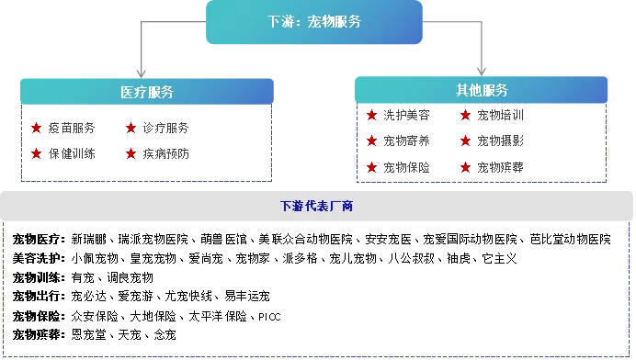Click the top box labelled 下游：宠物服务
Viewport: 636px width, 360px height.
pos(314,22)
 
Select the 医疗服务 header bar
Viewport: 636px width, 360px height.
pos(147,92)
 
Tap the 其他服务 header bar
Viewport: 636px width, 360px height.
pos(482,90)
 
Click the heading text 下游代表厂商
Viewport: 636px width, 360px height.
pos(317,207)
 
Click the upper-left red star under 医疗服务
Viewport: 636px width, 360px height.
pos(36,129)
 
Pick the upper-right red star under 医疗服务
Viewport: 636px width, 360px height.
pos(131,129)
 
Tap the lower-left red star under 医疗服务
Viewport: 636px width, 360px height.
pos(36,154)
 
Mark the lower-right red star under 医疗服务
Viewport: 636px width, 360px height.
pos(131,154)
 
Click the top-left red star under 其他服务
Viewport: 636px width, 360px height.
pos(372,117)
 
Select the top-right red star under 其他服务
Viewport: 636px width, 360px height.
pos(465,117)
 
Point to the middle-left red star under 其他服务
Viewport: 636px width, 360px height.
pos(372,141)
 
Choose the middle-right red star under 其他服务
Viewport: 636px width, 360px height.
pos(465,141)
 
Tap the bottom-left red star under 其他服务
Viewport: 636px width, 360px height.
pos(372,168)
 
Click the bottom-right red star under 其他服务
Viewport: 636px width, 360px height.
pos(465,168)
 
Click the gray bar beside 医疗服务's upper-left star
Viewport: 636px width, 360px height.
pos(69,129)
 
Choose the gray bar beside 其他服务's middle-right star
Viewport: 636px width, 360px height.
pos(504,141)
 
